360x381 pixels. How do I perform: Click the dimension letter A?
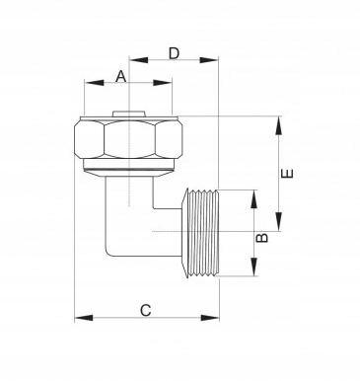pyautogui.click(x=121, y=77)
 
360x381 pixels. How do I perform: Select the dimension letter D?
pyautogui.click(x=174, y=53)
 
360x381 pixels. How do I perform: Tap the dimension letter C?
pyautogui.click(x=146, y=310)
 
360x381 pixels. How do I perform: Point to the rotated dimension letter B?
pyautogui.click(x=262, y=238)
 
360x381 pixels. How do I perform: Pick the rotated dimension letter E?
pyautogui.click(x=287, y=174)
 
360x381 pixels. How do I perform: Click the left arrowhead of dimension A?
pyautogui.click(x=94, y=82)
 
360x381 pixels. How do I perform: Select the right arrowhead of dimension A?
pyautogui.click(x=163, y=82)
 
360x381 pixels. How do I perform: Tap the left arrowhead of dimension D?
pyautogui.click(x=138, y=60)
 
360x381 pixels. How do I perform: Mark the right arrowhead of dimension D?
pyautogui.click(x=209, y=60)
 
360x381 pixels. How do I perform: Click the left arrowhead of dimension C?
pyautogui.click(x=84, y=318)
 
